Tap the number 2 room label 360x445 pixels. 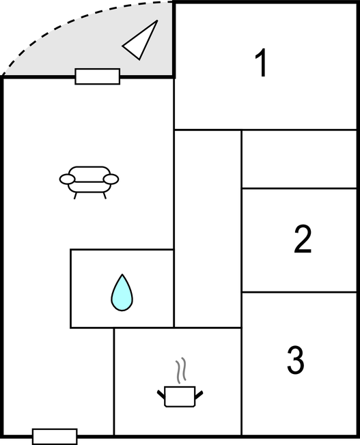tap(303, 239)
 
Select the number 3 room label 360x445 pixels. tap(296, 360)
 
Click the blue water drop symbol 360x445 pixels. tap(122, 293)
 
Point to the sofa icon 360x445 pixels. tap(89, 182)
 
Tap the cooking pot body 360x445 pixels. tap(180, 397)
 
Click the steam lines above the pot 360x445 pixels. tap(181, 371)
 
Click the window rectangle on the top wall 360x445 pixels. tap(98, 76)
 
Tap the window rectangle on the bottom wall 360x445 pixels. tap(55, 437)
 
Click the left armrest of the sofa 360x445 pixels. tap(68, 179)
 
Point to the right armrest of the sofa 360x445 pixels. tap(111, 179)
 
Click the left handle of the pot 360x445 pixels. tap(161, 394)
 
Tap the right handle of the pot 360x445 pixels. tap(199, 394)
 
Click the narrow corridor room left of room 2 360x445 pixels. tap(208, 229)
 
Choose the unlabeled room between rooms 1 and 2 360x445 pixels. tap(299, 159)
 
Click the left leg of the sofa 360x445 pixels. tap(75, 195)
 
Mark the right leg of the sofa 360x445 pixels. tap(105, 195)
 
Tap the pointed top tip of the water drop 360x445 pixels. tap(122, 274)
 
